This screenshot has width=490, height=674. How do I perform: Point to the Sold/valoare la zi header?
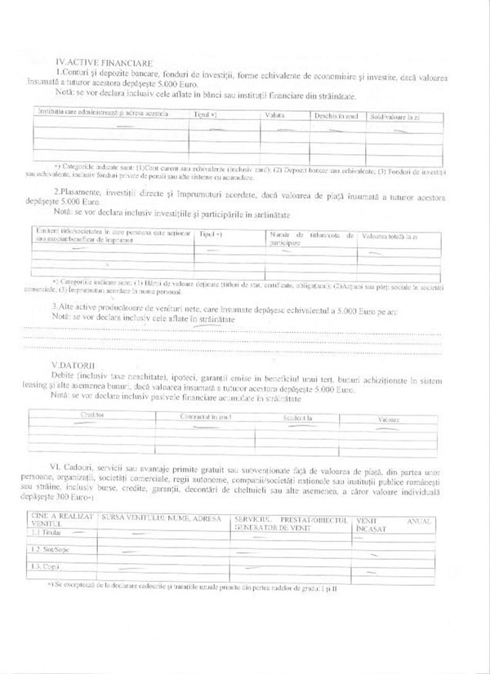tap(395, 117)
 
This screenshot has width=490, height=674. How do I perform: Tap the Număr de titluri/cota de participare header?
tap(311, 238)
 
